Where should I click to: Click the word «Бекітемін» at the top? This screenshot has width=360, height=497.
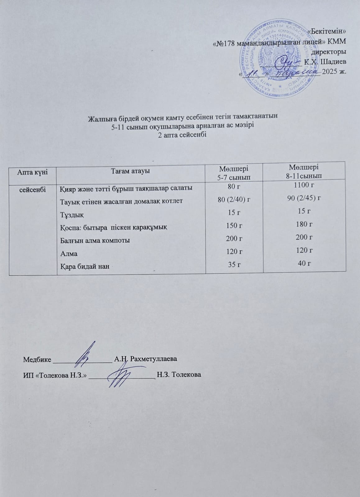326,32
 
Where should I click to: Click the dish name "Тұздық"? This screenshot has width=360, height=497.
72,214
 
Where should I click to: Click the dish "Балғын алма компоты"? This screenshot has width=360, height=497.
95,240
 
